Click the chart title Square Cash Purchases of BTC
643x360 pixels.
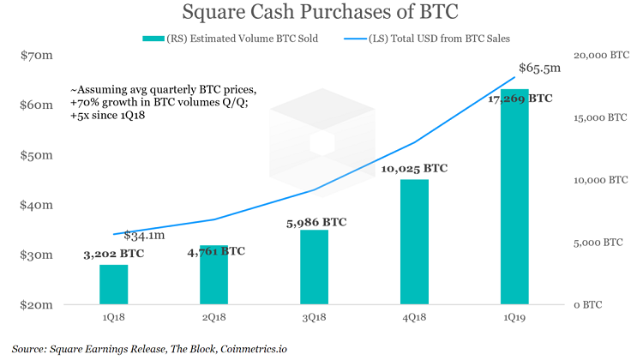(x=320, y=12)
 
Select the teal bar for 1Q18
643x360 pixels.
(x=113, y=285)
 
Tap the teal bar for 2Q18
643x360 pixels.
(x=213, y=275)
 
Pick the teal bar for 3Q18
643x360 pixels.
(x=314, y=267)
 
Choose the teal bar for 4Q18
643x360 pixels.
(x=414, y=242)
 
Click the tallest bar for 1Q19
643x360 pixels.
(x=514, y=197)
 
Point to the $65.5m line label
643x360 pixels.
(x=539, y=68)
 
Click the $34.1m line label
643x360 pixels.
(x=144, y=236)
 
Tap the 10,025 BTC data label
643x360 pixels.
(x=414, y=169)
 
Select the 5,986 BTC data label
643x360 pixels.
(x=316, y=222)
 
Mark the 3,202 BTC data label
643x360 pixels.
(x=113, y=254)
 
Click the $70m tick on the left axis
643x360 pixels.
(x=37, y=55)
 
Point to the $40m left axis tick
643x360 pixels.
(x=37, y=205)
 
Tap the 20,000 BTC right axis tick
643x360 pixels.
(x=601, y=56)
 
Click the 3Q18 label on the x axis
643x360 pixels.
(x=314, y=317)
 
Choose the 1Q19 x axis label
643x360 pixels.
(x=514, y=317)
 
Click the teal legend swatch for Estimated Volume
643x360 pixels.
(x=153, y=39)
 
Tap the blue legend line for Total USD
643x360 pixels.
(x=355, y=39)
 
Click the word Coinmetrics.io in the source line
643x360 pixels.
(x=254, y=349)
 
